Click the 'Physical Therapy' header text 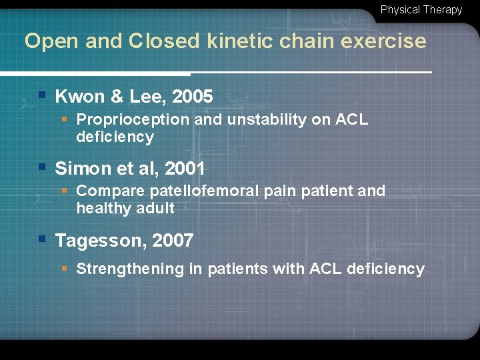421,10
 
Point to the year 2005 192,97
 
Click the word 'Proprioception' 133,120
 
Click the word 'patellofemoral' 205,191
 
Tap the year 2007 173,241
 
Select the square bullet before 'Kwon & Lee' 42,95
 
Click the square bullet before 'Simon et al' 42,167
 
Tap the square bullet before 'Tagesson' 42,239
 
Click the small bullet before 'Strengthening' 64,269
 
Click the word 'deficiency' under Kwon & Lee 115,137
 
